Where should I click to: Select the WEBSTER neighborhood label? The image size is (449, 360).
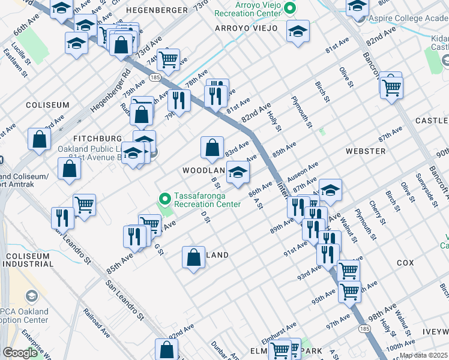[366, 151]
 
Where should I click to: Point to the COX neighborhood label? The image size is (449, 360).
[405, 263]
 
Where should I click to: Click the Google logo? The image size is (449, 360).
[20, 353]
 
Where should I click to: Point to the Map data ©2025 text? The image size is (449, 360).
[423, 355]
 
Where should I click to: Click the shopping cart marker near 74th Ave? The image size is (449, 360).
[169, 59]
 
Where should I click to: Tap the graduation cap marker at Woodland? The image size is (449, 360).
[238, 173]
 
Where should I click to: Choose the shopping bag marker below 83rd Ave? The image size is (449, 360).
[212, 148]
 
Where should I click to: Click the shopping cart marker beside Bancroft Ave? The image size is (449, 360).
[391, 86]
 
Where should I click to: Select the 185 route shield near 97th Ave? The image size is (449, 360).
[364, 328]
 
